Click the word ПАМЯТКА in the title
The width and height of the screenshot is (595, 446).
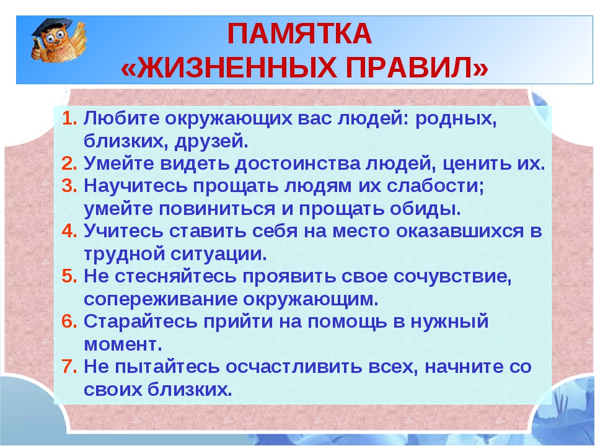(x=299, y=33)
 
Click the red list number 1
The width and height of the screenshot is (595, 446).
(x=69, y=118)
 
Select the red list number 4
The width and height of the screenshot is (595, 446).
(x=69, y=230)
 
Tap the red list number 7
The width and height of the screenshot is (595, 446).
(x=69, y=366)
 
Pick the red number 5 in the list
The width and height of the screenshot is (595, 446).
(x=69, y=276)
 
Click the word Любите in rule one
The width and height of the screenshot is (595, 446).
(x=121, y=118)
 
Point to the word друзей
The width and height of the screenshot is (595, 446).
(x=211, y=141)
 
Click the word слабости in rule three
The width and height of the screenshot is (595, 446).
(x=436, y=186)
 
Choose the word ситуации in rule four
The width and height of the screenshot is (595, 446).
(x=219, y=254)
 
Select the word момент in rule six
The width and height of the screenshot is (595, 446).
(x=123, y=344)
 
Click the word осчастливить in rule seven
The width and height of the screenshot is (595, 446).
(x=294, y=366)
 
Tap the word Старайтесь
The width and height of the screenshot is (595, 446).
(x=141, y=321)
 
